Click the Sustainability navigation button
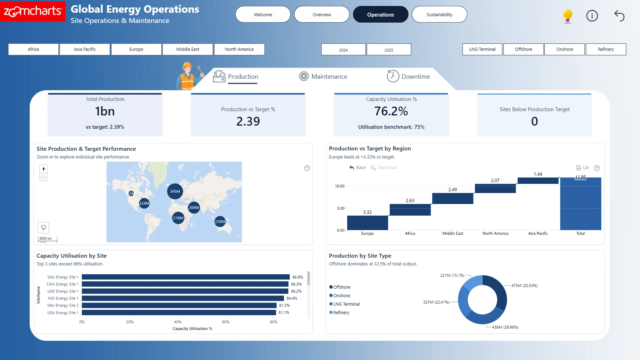439,15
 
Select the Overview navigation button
322,15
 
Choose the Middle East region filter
188,49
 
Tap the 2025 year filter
389,50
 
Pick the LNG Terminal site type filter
482,49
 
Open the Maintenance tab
323,76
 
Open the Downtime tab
408,76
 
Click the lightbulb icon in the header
567,16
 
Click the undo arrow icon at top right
619,16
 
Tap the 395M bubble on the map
175,191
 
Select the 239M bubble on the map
220,221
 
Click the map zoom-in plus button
44,169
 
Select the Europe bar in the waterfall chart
367,223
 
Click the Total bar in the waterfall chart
580,204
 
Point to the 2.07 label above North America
495,180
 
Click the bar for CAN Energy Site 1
185,284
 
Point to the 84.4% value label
292,298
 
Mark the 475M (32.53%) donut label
524,286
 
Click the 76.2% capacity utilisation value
391,111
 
